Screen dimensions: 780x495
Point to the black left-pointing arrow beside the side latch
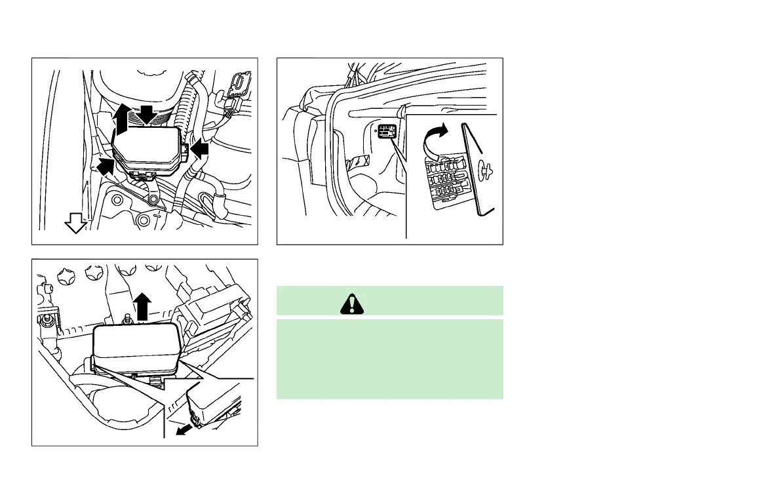point(201,149)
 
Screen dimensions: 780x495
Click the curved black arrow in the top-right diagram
point(435,138)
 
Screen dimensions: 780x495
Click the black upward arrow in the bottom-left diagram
point(141,305)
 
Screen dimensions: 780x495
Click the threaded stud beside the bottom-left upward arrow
point(125,320)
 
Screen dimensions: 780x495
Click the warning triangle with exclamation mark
point(352,303)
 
